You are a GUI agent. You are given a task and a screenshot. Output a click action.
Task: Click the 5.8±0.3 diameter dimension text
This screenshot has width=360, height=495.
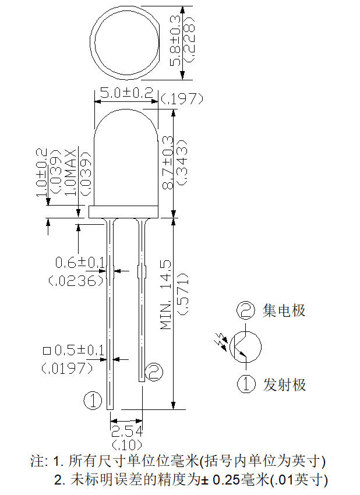[x=175, y=41]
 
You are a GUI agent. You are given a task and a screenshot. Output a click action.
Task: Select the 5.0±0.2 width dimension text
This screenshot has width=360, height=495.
[x=126, y=93]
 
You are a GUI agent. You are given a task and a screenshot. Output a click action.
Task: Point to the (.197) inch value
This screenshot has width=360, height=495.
[x=182, y=99]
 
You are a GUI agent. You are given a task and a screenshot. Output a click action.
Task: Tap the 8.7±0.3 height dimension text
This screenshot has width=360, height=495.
[x=168, y=162]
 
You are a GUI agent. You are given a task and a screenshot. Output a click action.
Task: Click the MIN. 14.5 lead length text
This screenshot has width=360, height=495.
[x=166, y=295]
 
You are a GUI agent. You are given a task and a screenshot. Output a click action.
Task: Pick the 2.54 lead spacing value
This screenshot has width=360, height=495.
[x=126, y=432]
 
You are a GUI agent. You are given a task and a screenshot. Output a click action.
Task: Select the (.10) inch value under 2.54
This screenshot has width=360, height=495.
[x=126, y=445]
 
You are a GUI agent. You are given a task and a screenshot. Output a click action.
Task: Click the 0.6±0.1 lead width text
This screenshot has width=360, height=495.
[x=80, y=262]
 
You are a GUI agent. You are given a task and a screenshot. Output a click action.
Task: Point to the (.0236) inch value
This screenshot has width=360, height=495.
[x=76, y=281]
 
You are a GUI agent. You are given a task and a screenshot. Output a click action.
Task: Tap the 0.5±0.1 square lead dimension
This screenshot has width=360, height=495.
[x=79, y=350]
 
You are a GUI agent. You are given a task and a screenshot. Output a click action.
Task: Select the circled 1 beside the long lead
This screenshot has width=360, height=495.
[x=93, y=401]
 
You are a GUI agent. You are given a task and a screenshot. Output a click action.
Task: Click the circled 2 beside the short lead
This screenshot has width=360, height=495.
[x=154, y=372]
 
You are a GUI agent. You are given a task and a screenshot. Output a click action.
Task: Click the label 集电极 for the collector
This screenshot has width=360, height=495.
[x=284, y=310]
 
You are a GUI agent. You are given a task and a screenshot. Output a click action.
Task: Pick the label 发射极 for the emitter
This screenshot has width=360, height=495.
[x=284, y=385]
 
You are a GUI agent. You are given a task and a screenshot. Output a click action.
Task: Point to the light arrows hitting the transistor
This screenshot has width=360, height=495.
[x=221, y=342]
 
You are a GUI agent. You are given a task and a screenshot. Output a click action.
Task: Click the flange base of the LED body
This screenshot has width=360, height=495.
[x=123, y=212]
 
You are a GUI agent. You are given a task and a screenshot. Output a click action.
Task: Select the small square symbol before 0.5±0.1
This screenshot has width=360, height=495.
[x=47, y=351]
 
